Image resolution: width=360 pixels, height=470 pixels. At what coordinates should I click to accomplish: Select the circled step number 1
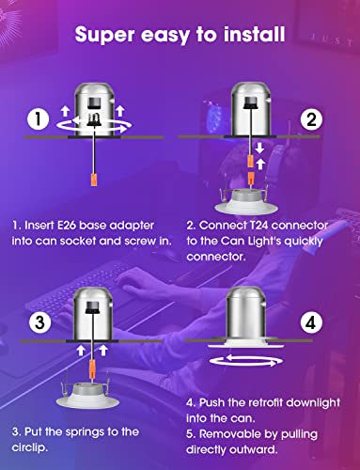pyautogui.click(x=37, y=120)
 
